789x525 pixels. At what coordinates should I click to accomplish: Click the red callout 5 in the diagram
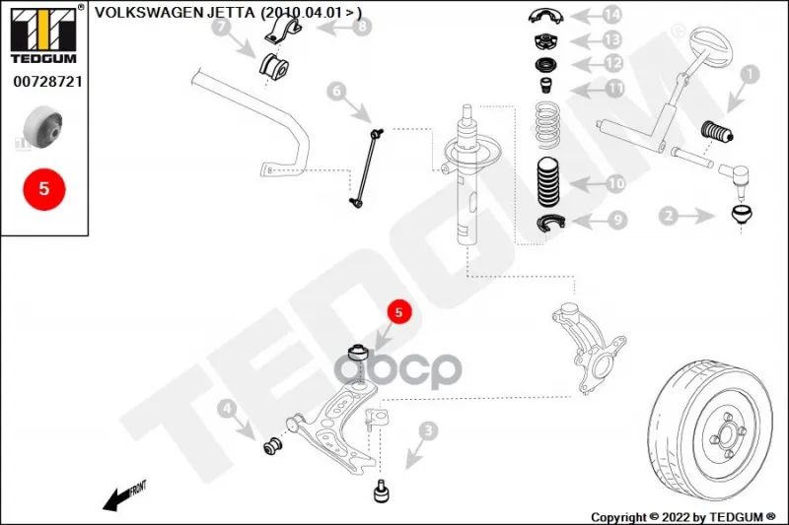click(398, 313)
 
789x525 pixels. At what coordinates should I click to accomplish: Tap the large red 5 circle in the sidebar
click(43, 188)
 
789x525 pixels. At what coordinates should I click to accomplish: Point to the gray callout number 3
click(427, 430)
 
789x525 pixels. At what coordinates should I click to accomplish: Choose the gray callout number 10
click(615, 183)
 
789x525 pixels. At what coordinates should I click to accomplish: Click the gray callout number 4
click(226, 409)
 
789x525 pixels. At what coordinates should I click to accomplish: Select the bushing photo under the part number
click(43, 125)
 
